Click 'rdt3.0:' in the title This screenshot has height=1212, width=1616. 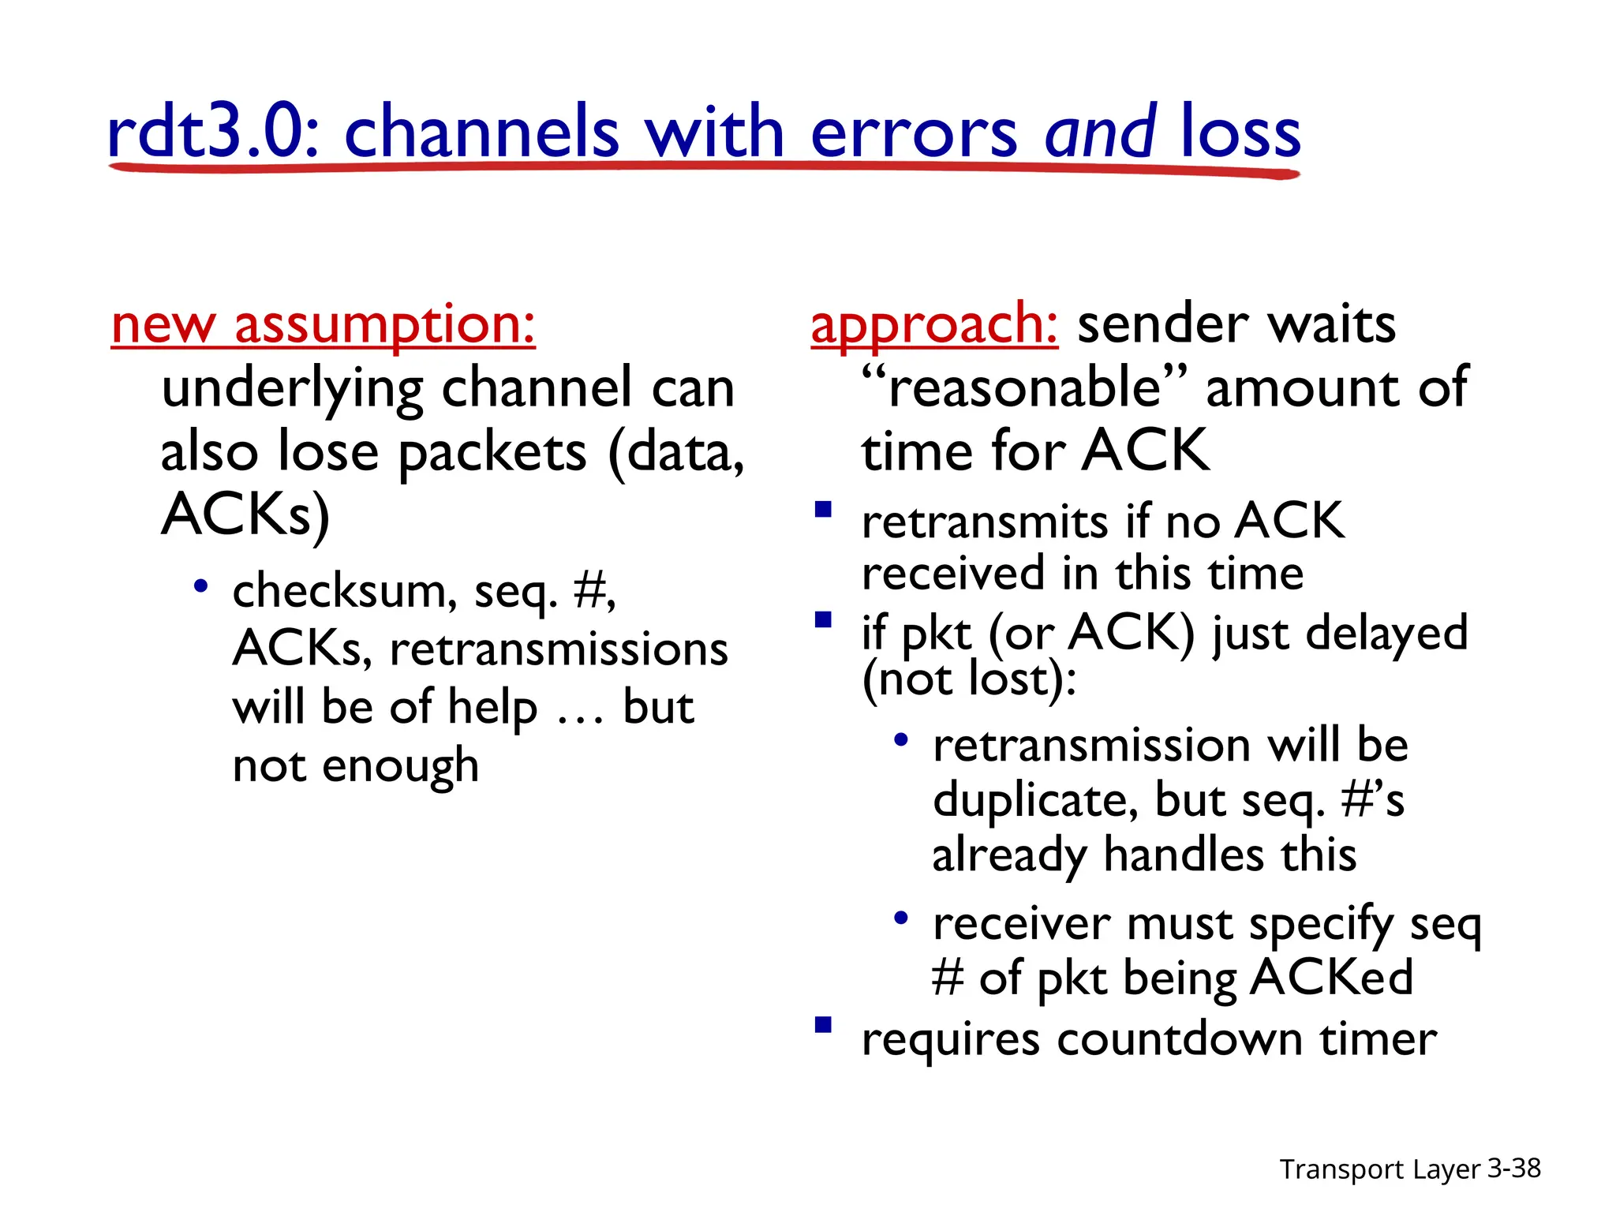click(x=213, y=133)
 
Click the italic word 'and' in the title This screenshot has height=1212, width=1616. click(x=1100, y=133)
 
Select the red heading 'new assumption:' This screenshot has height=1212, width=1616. click(x=324, y=324)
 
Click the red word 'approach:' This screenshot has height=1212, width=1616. click(x=934, y=324)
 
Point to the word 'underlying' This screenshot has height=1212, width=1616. click(x=293, y=389)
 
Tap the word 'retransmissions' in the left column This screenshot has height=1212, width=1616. click(x=559, y=649)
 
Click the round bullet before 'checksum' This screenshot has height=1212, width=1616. click(x=201, y=586)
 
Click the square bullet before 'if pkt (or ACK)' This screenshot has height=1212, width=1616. click(x=823, y=619)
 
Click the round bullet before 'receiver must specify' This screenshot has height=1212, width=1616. click(x=901, y=918)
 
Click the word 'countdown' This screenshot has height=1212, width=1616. click(x=1180, y=1039)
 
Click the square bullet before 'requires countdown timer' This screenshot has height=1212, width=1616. click(x=823, y=1025)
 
